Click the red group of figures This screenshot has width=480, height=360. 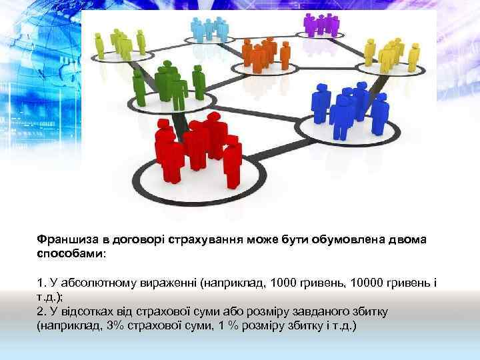click(197, 147)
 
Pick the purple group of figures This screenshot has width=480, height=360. click(321, 24)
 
